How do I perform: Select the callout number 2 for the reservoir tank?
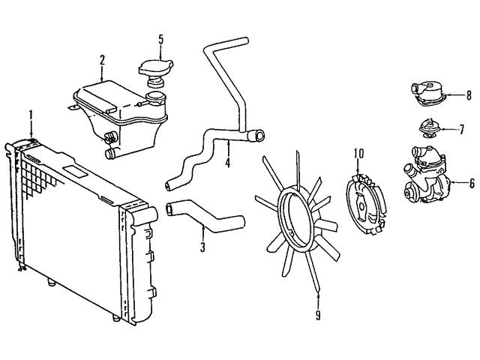tap(102, 60)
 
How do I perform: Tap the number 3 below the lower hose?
tap(202, 247)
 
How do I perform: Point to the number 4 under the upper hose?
tap(227, 162)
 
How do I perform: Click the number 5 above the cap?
tap(161, 40)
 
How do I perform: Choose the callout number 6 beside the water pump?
tap(472, 183)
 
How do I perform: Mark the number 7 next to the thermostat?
tap(462, 130)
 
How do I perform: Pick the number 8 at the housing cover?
tap(469, 96)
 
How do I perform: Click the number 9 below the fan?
tap(318, 315)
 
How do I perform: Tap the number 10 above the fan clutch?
tap(359, 154)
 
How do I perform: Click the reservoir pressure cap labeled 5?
tap(156, 73)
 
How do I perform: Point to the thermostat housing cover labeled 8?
tap(427, 93)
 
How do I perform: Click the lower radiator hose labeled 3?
tap(205, 216)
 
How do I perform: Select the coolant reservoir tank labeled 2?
tap(120, 119)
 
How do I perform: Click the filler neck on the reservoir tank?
tap(156, 99)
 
